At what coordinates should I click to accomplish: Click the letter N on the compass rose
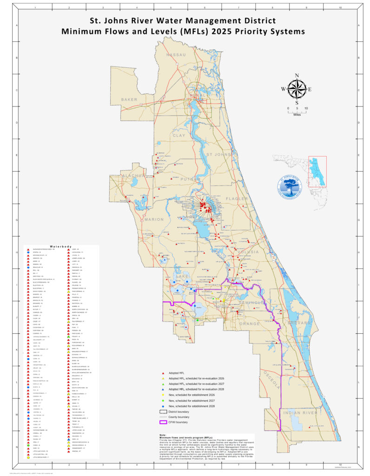[297, 76]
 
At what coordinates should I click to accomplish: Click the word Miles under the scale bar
[297, 113]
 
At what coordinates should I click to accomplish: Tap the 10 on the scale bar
[306, 108]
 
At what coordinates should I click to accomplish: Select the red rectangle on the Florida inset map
[317, 171]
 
